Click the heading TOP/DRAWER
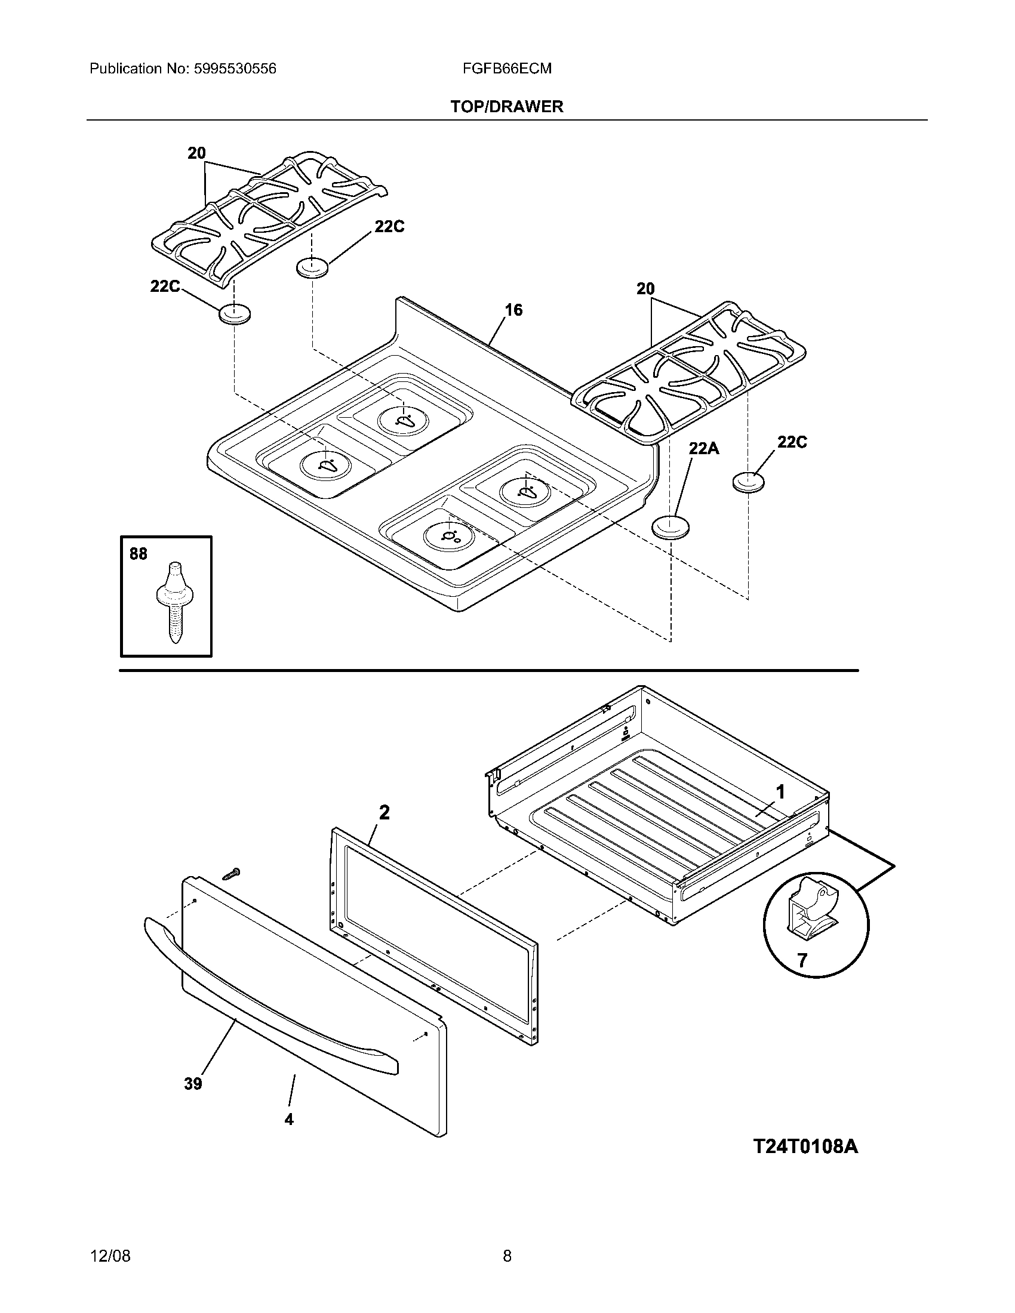click(x=507, y=107)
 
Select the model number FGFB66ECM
click(x=507, y=69)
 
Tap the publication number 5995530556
click(x=235, y=69)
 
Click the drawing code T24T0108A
click(x=806, y=1146)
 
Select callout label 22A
click(x=703, y=448)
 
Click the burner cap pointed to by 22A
click(x=670, y=527)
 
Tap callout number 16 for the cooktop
click(x=513, y=310)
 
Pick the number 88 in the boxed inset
click(x=139, y=554)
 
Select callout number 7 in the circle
click(x=801, y=960)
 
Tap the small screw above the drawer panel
click(x=230, y=874)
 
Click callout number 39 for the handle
click(x=192, y=1084)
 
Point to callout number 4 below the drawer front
click(x=288, y=1119)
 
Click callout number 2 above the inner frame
click(x=384, y=813)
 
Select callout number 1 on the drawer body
click(x=780, y=793)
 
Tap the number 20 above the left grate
click(x=196, y=153)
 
